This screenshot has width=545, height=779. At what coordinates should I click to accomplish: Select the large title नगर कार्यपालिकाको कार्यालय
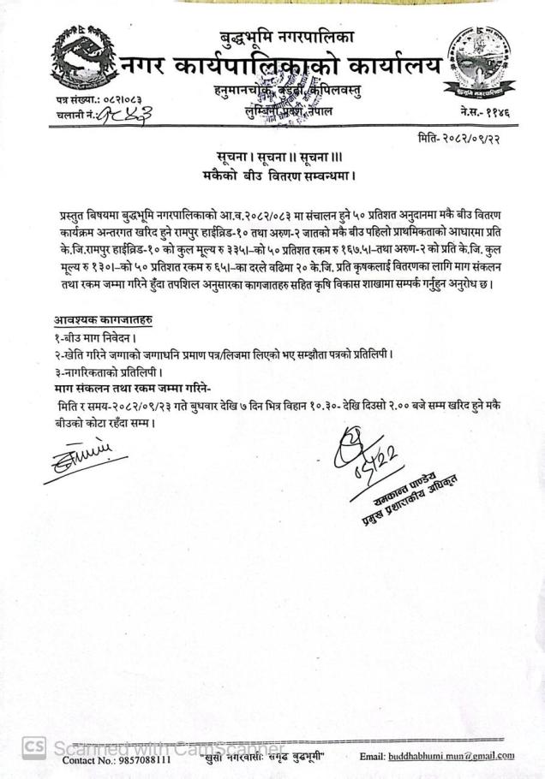283,65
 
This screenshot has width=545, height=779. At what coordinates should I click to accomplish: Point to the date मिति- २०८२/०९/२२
469,140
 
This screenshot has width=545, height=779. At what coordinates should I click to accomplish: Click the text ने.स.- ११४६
485,112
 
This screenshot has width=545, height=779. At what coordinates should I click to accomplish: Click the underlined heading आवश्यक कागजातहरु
104,320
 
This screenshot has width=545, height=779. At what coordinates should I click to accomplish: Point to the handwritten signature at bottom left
83,455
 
